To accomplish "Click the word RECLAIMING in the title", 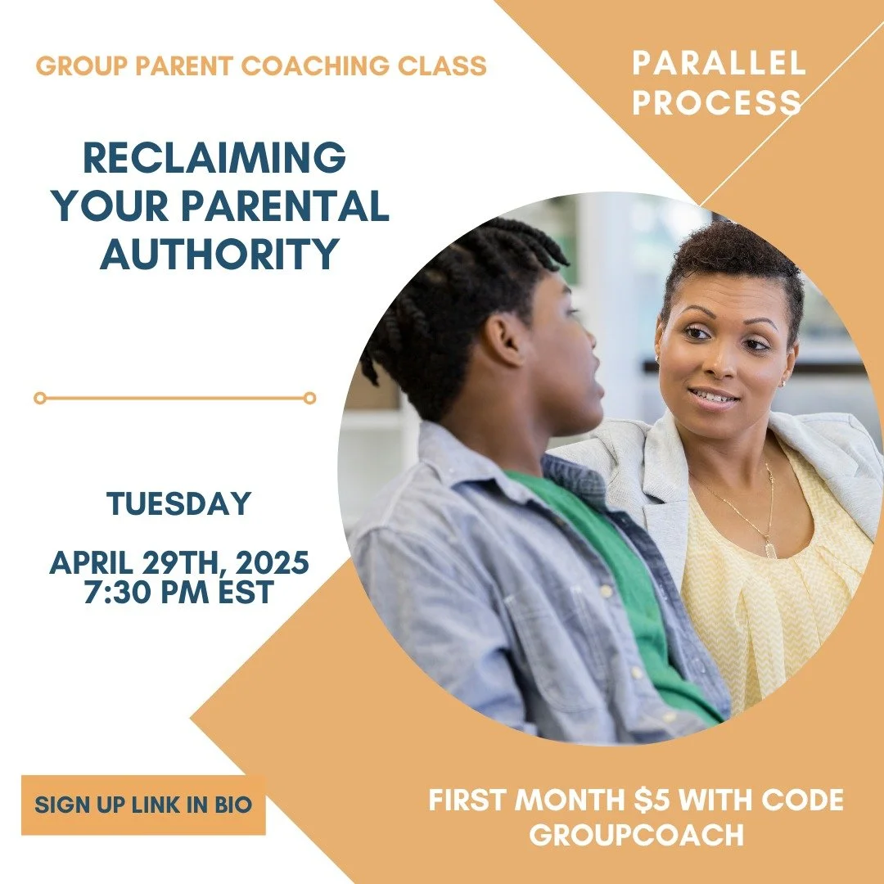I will coord(215,159).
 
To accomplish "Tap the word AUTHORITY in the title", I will coord(219,255).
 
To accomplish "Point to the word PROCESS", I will coord(717,103).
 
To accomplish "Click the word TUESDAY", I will coord(178,504).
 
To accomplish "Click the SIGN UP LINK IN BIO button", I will coord(143,805).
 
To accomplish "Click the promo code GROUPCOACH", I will coord(637,835).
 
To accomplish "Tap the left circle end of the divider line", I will coord(39,399).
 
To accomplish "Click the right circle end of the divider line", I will coord(309,399).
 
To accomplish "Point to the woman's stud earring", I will coord(781,383).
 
